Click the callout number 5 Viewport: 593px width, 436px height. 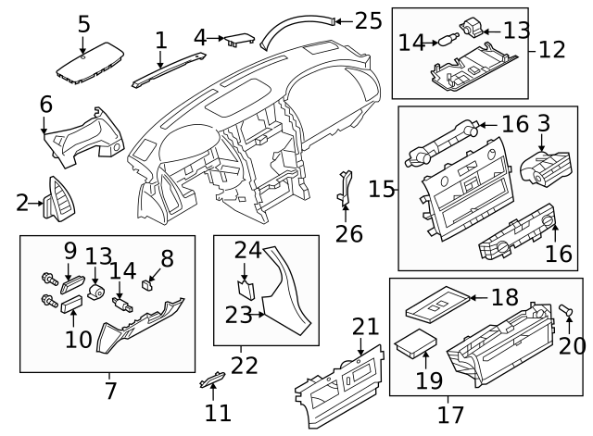point(84,22)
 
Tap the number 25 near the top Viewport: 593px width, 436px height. point(368,19)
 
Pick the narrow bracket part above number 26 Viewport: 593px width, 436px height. point(346,190)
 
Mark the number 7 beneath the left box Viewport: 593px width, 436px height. point(109,391)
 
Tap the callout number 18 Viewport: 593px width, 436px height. point(504,297)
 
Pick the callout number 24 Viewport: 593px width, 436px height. point(248,249)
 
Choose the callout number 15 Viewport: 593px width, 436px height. point(381,189)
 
